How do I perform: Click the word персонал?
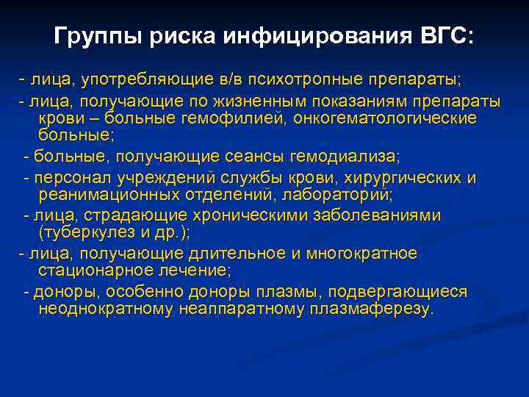pyautogui.click(x=66, y=178)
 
